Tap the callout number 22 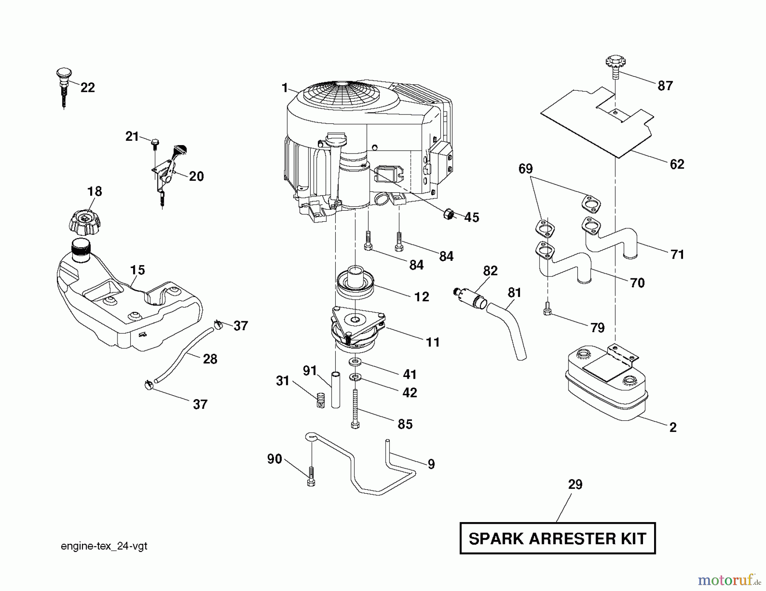87,88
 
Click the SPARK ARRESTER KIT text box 557,538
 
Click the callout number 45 472,217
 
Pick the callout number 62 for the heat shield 677,164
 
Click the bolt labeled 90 311,477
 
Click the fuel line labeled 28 187,351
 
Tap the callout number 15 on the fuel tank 137,270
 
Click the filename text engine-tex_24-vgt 104,546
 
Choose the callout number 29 575,485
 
